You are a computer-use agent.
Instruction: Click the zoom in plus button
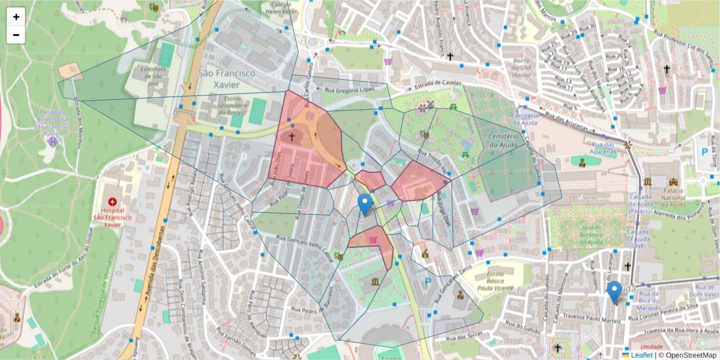pos(16,17)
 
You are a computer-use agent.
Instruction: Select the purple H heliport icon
pos(53,142)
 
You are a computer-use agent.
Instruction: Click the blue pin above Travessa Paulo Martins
pos(614,292)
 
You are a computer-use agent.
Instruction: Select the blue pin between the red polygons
pos(365,205)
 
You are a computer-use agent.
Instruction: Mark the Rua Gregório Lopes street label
pos(349,89)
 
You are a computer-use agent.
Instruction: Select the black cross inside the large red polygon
pos(292,136)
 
